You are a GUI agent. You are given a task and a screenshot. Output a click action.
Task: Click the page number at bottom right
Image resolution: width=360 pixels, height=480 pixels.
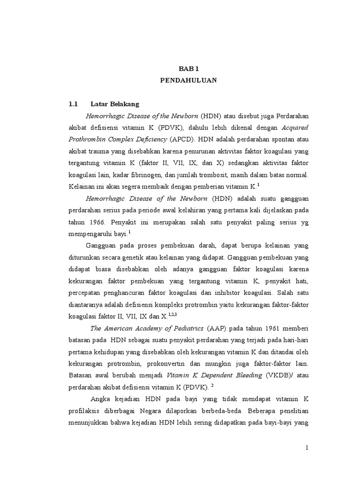(x=307, y=447)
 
